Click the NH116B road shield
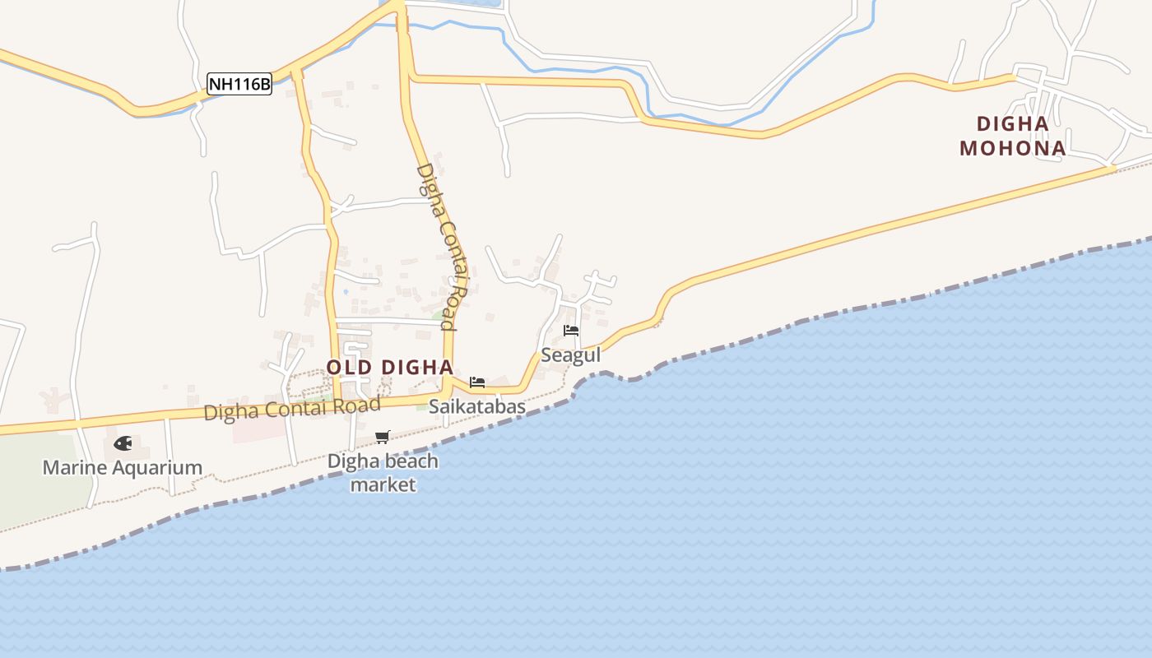[x=239, y=83]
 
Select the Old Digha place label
[x=389, y=367]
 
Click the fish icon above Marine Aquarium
[x=123, y=443]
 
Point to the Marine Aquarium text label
[x=122, y=468]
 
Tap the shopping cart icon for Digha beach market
[x=382, y=437]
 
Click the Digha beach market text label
[x=383, y=473]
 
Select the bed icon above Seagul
[x=571, y=331]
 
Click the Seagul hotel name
[x=570, y=355]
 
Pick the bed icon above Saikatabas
[x=476, y=382]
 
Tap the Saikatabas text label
[x=477, y=406]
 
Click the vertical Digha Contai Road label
[x=442, y=247]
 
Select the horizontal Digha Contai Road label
[x=292, y=407]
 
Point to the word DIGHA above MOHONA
[x=1012, y=124]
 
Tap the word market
[x=383, y=484]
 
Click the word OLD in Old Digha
[x=346, y=367]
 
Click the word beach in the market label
[x=407, y=461]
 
